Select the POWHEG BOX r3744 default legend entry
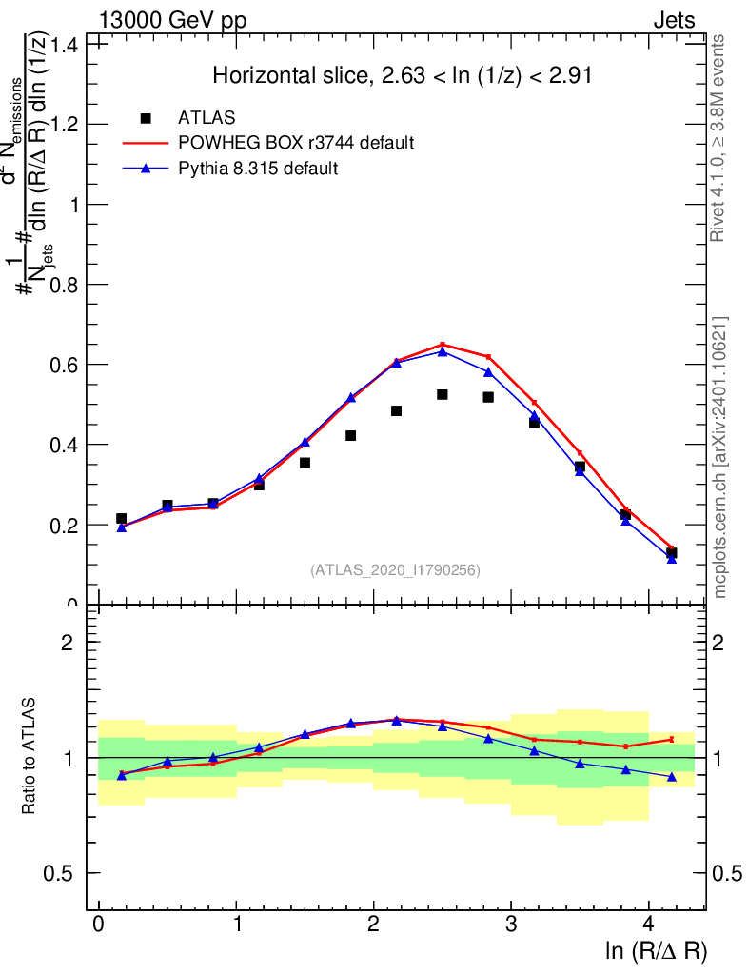296,144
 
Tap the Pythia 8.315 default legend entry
259,169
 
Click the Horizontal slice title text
403,76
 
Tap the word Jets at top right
674,21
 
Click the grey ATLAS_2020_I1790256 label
395,570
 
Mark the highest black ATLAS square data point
443,394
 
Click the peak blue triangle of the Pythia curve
443,351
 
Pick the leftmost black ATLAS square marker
121,519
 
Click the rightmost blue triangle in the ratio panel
672,777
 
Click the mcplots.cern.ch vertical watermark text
721,457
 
